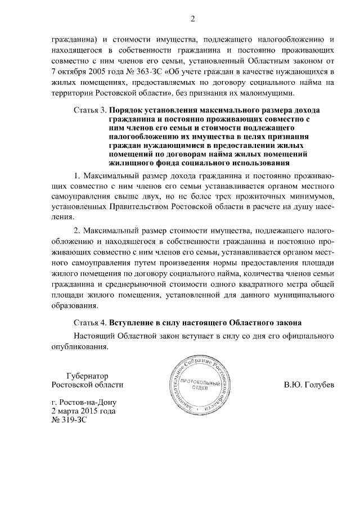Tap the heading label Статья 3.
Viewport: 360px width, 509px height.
(x=89, y=110)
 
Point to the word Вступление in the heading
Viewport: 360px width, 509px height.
(x=137, y=323)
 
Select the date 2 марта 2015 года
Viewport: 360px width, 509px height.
(x=83, y=411)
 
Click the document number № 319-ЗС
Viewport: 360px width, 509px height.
(x=69, y=420)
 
